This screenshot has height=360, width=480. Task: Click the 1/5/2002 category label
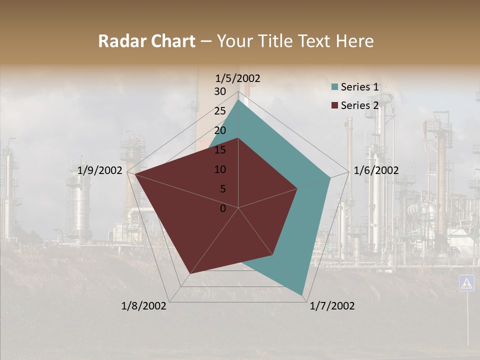pos(238,78)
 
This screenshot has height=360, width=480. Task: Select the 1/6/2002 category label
pos(376,170)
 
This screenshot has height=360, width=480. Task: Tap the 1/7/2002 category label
pos(332,306)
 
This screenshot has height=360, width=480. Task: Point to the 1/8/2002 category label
pos(144,306)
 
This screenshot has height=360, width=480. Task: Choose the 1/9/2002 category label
pos(100,170)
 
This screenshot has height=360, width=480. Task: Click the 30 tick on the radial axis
pos(219,91)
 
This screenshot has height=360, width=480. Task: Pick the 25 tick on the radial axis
pos(219,111)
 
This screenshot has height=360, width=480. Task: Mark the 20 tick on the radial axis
pos(219,130)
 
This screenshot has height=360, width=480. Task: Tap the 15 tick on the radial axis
pos(219,150)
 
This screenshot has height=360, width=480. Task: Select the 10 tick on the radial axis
pos(219,169)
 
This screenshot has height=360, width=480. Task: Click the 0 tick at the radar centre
pos(223,208)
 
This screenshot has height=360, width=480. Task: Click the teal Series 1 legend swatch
pos(335,87)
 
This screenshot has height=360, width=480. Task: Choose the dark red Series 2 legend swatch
pos(335,105)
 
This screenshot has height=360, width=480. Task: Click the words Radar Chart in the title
pos(146,41)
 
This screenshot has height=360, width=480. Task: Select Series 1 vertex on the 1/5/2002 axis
pos(238,100)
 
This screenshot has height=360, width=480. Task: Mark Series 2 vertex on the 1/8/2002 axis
pos(189,274)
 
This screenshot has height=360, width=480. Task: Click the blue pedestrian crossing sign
pos(466,283)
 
